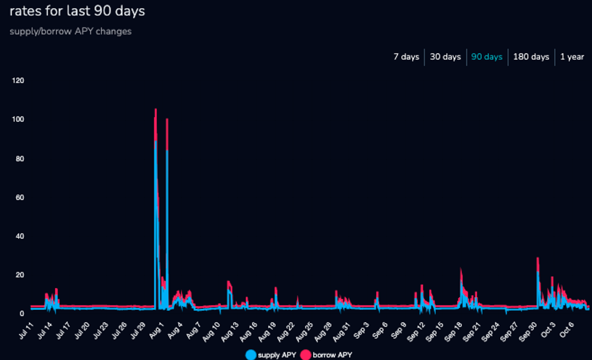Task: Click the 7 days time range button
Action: (406, 57)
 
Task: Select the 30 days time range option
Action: (445, 57)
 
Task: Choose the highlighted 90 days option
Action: (487, 57)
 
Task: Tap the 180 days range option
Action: (531, 57)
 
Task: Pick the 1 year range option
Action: (572, 57)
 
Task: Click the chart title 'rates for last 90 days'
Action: (77, 11)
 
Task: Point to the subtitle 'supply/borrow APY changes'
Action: (71, 32)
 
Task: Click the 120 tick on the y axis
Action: (18, 81)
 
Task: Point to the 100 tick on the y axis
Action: (18, 119)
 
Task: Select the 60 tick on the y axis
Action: (20, 197)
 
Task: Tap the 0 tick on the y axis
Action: (22, 314)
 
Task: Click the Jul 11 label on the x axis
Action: (26, 331)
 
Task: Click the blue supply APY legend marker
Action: (251, 355)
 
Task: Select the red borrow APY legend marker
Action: (305, 355)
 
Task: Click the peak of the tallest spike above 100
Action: (155, 109)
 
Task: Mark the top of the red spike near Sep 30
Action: (538, 258)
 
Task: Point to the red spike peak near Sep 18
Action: (461, 269)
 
